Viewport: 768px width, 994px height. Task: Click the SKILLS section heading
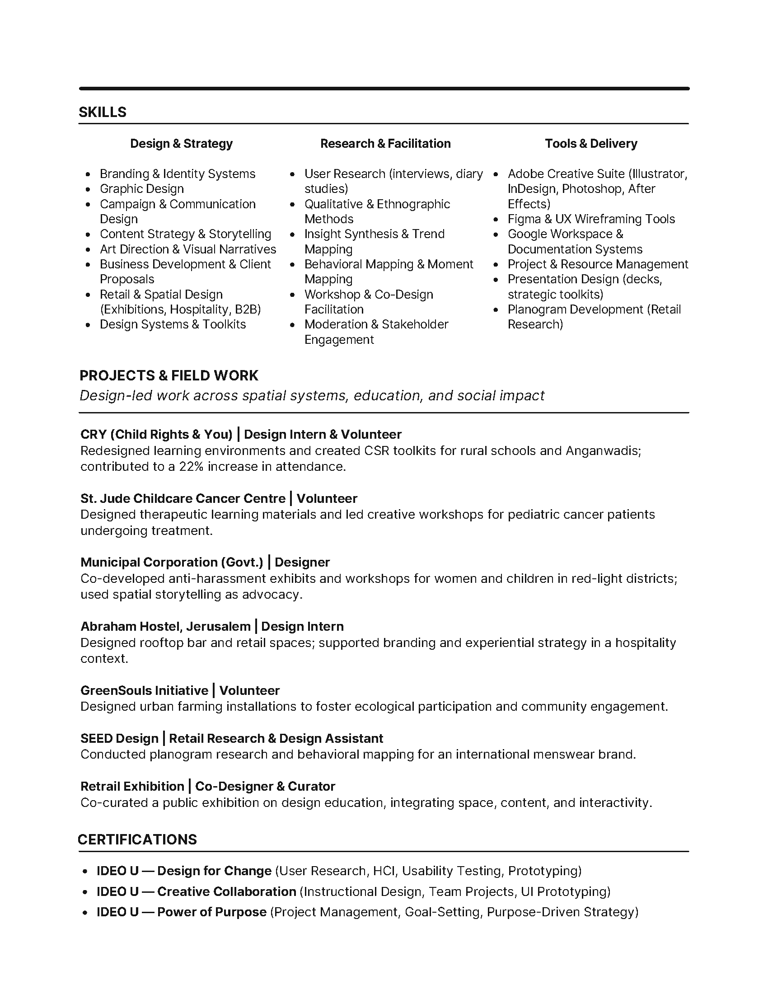[x=103, y=112]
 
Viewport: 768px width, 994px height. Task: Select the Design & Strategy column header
[x=181, y=144]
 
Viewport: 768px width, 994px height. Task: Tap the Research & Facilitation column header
[x=385, y=144]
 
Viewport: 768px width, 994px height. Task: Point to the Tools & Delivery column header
[x=591, y=144]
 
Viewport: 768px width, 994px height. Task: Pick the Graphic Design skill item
[x=141, y=189]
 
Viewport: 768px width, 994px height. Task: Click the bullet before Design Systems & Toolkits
[x=88, y=325]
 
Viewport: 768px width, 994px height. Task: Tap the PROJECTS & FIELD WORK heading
[x=169, y=375]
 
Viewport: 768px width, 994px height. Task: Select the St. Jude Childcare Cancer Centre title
[x=183, y=498]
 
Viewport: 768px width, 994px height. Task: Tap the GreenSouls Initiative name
[x=144, y=690]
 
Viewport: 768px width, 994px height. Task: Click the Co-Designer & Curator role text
[x=265, y=787]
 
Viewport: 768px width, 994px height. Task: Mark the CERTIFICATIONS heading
[x=137, y=840]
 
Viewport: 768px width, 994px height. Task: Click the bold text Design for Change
[x=214, y=871]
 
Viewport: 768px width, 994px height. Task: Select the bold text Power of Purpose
[x=211, y=912]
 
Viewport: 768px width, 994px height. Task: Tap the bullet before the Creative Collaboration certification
[x=85, y=892]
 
